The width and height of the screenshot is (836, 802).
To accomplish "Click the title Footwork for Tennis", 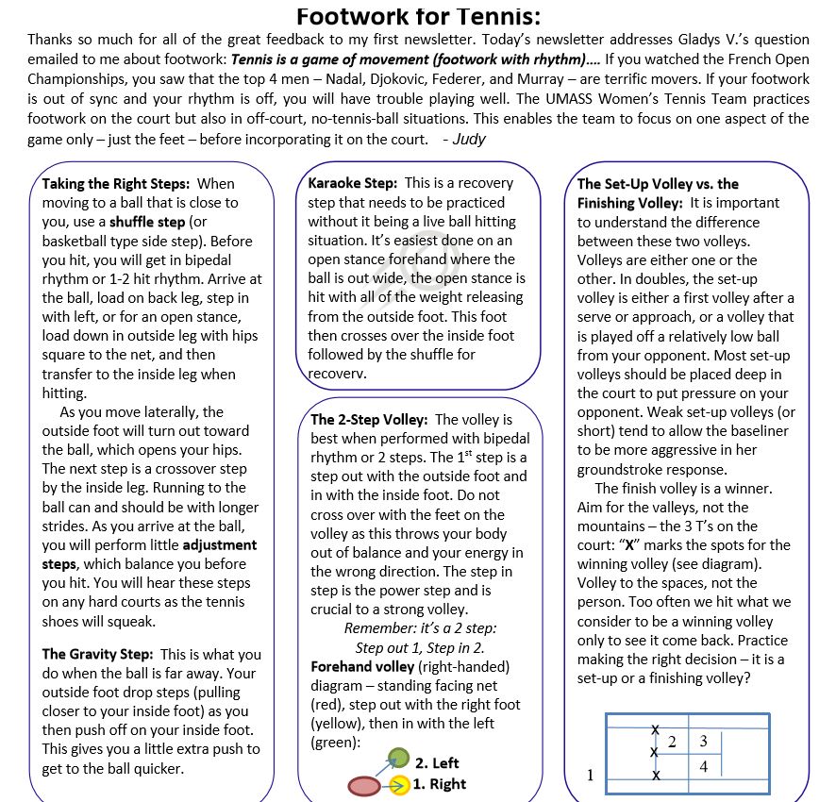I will tap(419, 16).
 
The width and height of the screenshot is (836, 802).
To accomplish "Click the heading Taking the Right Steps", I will tap(115, 183).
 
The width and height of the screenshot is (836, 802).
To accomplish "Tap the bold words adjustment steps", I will tap(219, 544).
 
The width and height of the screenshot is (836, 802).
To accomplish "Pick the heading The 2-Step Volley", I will tap(369, 420).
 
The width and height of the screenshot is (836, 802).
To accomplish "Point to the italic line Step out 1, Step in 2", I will tap(419, 647).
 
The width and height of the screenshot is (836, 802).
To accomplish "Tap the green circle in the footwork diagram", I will tap(399, 758).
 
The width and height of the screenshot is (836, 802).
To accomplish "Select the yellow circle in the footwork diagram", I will tap(399, 785).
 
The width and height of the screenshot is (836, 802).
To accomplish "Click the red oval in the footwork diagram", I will tap(364, 785).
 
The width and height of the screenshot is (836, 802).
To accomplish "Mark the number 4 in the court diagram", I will tap(704, 767).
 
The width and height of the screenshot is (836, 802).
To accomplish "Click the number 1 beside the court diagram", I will tap(590, 776).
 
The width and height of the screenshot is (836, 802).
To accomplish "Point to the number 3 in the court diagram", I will tap(704, 741).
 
